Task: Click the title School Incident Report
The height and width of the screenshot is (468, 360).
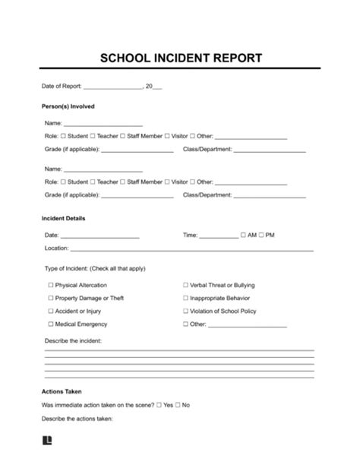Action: click(x=180, y=58)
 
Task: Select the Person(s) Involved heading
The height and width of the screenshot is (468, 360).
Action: click(x=68, y=106)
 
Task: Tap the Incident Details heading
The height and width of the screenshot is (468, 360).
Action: click(x=64, y=219)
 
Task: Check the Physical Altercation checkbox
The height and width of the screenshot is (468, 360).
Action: click(x=51, y=285)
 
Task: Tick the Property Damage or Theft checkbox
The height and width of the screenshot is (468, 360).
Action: click(x=51, y=298)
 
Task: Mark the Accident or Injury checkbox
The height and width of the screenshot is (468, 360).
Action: click(x=51, y=311)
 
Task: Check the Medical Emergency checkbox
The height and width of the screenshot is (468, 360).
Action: click(x=51, y=324)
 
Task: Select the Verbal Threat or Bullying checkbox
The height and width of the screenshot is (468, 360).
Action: click(x=185, y=285)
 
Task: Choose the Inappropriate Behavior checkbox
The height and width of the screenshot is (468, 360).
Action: click(x=185, y=298)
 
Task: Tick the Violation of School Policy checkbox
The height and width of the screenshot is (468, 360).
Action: click(x=185, y=311)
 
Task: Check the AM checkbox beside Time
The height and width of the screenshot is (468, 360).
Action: click(x=243, y=236)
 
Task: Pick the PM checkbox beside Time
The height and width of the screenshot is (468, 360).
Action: click(x=261, y=236)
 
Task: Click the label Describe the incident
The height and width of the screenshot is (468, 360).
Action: click(x=73, y=341)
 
